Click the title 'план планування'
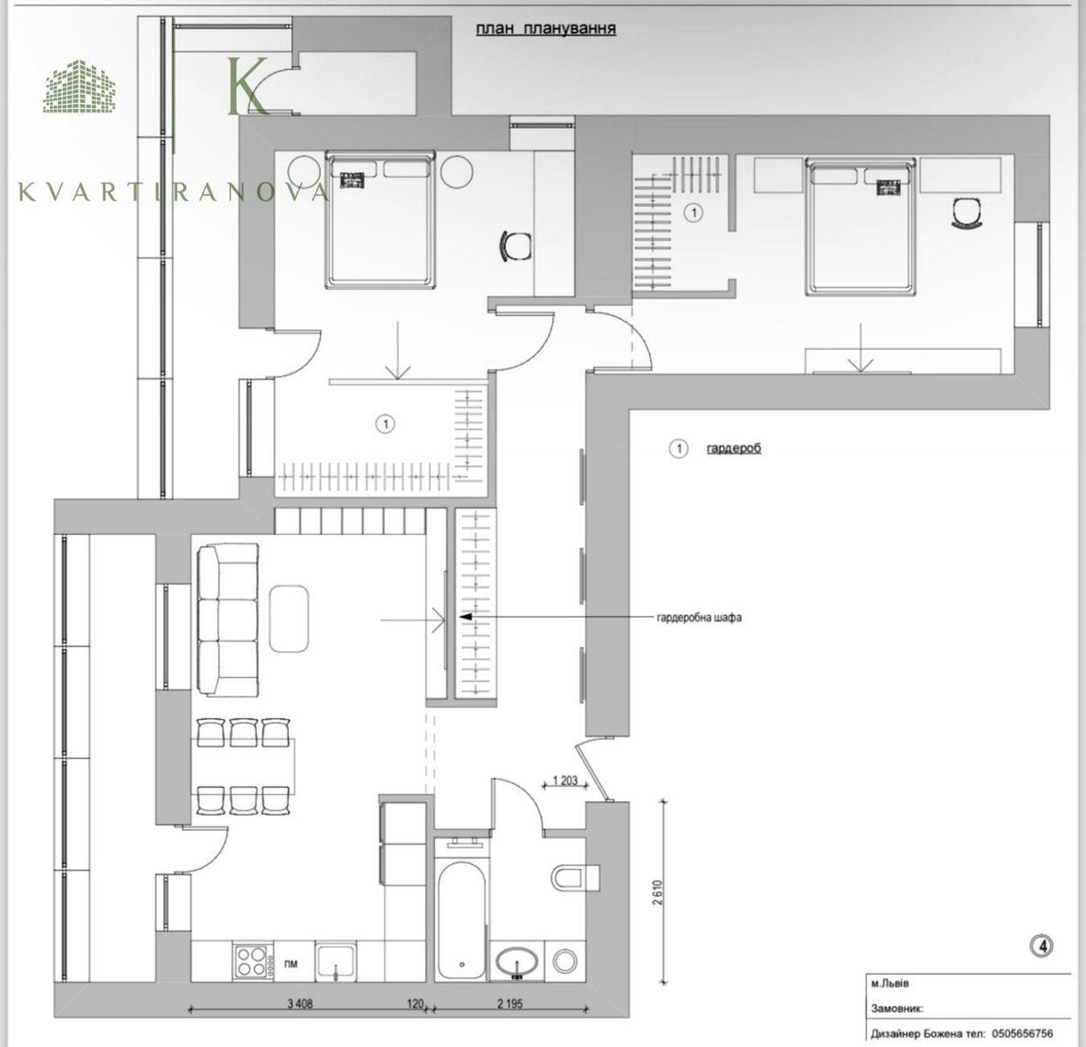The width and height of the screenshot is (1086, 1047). click(546, 29)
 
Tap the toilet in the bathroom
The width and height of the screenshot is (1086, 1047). click(575, 877)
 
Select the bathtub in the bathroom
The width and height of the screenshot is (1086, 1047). click(461, 920)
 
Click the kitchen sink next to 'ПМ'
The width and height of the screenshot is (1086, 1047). click(336, 961)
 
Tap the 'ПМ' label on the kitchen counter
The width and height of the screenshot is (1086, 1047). click(290, 964)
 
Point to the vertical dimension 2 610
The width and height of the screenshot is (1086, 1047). click(657, 892)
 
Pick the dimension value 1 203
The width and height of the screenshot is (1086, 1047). click(565, 781)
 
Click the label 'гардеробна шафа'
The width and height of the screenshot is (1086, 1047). click(700, 618)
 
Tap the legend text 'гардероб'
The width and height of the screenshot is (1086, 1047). click(734, 448)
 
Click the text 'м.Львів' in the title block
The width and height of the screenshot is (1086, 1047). click(890, 983)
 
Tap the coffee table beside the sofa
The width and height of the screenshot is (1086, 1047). click(289, 619)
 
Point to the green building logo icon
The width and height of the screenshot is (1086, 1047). click(79, 86)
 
